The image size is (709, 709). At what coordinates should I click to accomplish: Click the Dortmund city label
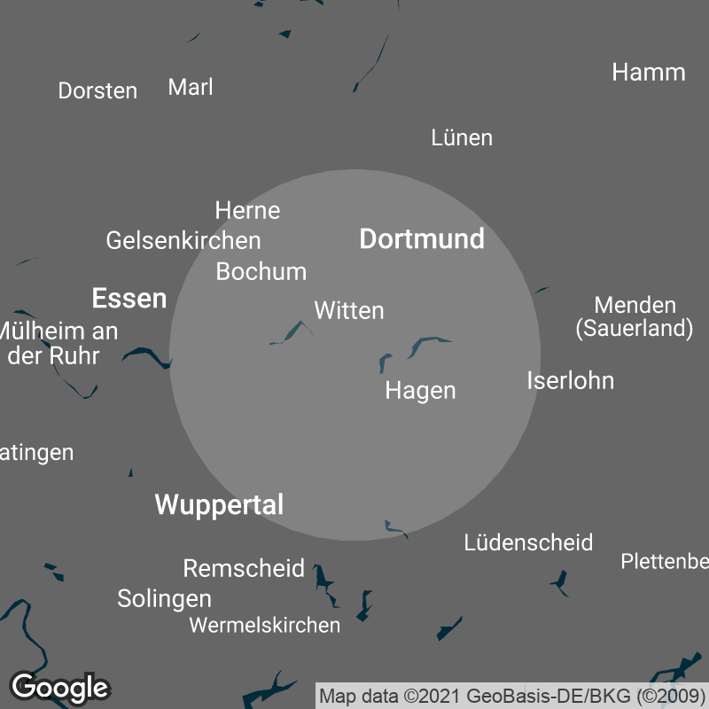[422, 239]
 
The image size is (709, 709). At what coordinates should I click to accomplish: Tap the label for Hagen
[420, 391]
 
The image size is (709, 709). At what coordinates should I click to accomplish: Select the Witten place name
[349, 311]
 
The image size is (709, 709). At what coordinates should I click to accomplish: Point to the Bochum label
[261, 271]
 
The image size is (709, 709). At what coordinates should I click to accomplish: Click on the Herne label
[247, 211]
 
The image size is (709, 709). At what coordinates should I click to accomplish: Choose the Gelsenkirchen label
[183, 240]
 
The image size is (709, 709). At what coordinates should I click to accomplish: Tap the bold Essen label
[129, 299]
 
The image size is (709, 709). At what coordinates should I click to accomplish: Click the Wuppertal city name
[219, 505]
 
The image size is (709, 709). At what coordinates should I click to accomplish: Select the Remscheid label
[244, 568]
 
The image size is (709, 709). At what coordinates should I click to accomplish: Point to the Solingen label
[164, 599]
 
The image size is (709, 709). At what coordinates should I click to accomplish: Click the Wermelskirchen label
[264, 626]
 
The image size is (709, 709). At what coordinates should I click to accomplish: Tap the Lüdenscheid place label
[528, 542]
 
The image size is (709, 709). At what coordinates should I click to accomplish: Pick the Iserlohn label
[570, 381]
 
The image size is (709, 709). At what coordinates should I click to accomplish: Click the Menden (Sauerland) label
[634, 317]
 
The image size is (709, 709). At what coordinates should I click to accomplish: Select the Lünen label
[462, 137]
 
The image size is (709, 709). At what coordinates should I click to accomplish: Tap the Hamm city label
[649, 73]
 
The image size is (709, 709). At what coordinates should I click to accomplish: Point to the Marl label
[191, 87]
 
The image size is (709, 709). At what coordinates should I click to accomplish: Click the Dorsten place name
[97, 90]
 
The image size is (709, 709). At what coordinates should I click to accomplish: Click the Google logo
[59, 687]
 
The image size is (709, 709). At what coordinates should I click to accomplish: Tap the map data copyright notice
[513, 696]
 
